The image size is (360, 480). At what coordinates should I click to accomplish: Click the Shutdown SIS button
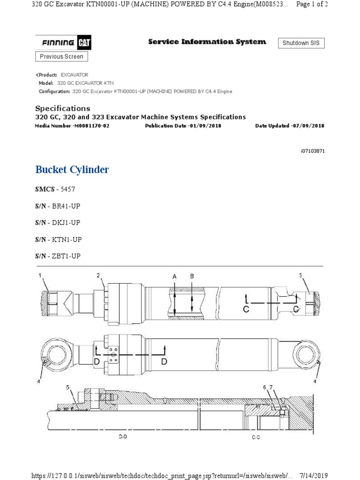click(301, 43)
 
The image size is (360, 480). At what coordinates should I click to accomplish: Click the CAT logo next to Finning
click(84, 43)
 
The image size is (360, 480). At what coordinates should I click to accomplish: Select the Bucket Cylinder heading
click(72, 170)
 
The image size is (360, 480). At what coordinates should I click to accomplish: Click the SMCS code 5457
click(67, 189)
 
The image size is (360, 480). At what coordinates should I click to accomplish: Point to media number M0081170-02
click(91, 126)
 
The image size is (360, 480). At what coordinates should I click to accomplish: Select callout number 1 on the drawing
click(40, 275)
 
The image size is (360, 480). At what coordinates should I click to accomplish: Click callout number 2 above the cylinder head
click(98, 275)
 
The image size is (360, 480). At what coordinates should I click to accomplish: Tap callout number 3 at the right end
click(300, 276)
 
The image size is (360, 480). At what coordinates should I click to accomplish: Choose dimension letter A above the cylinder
click(174, 277)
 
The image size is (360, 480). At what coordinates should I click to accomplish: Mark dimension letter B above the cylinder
click(192, 277)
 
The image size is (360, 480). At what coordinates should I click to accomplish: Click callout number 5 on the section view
click(67, 387)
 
